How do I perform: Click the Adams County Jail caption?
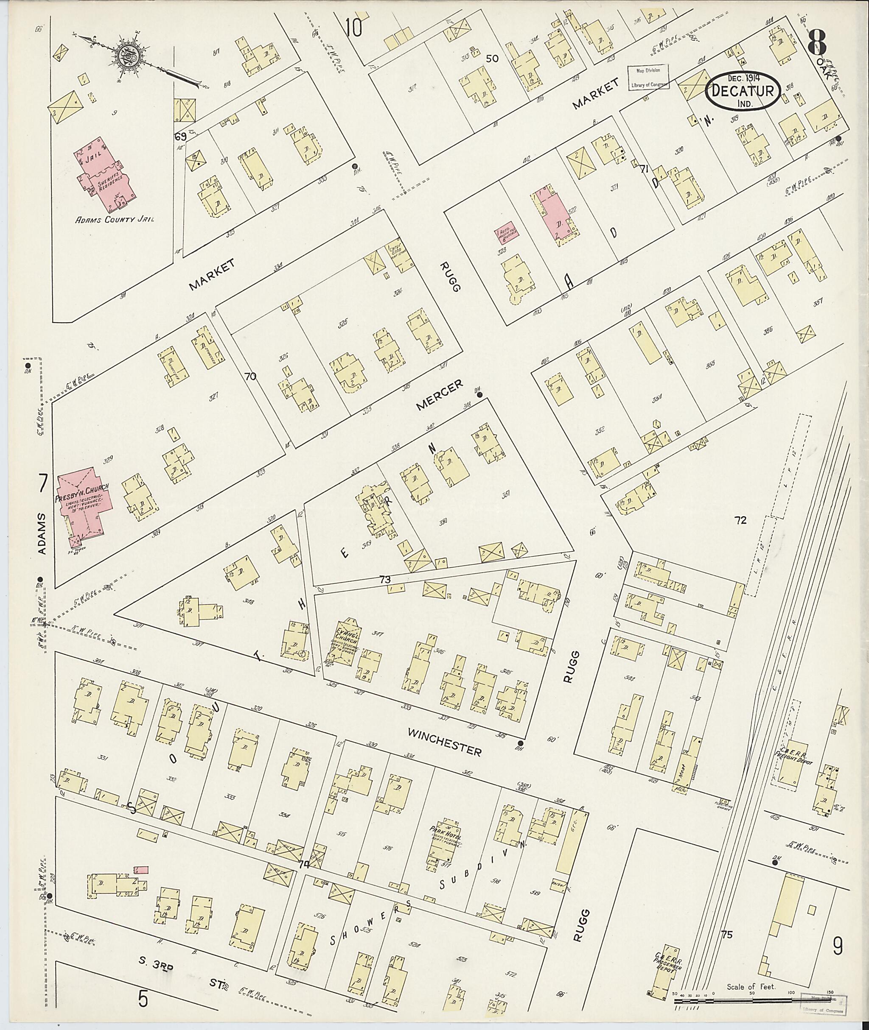114,220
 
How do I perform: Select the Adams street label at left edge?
42,534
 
